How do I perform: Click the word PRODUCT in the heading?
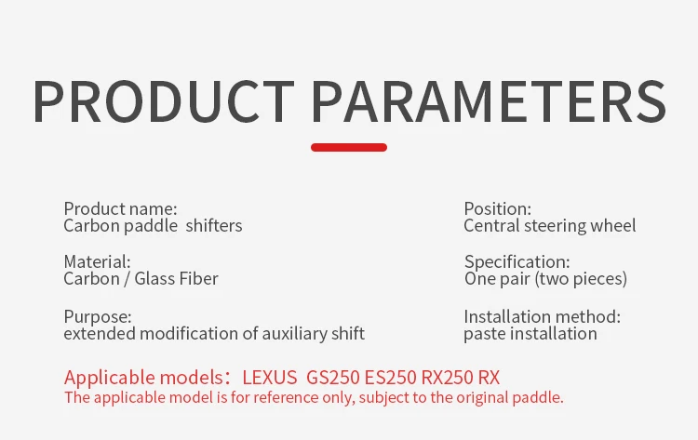click(164, 101)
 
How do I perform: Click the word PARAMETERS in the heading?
click(489, 101)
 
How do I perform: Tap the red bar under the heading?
click(349, 147)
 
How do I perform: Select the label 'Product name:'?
click(120, 208)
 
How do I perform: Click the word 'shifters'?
click(214, 225)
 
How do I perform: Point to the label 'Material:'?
click(97, 261)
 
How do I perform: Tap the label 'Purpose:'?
click(98, 317)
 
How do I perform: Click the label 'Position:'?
click(497, 208)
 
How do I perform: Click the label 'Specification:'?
click(517, 261)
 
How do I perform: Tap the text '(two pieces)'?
click(581, 278)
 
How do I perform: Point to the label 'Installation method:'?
click(542, 317)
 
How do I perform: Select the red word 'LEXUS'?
click(269, 378)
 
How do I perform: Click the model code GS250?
click(333, 378)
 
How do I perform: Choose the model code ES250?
click(391, 378)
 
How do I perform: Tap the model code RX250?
click(447, 378)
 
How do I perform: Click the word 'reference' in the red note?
click(286, 397)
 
